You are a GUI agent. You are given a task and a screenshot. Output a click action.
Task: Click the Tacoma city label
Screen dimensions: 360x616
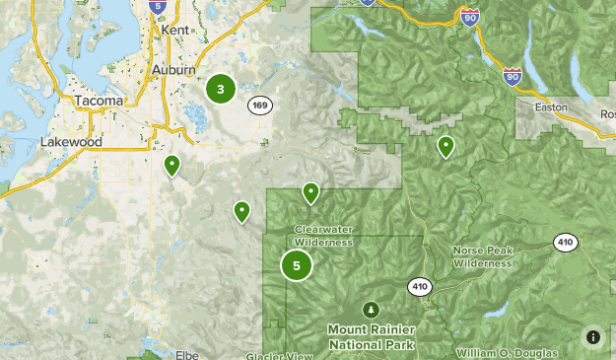click(99, 101)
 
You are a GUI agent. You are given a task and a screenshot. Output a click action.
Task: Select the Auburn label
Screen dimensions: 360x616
click(174, 70)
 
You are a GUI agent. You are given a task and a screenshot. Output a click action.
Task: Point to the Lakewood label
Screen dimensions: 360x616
click(71, 142)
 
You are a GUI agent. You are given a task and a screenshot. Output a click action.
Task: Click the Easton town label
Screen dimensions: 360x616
click(551, 106)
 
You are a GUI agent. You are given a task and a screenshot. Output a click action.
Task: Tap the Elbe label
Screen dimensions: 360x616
click(186, 354)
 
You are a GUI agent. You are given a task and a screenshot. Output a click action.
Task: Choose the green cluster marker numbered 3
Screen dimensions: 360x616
click(220, 89)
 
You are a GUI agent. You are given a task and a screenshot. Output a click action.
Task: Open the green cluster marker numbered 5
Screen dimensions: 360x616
click(296, 265)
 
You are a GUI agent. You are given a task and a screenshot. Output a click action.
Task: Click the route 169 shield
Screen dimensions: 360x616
click(259, 106)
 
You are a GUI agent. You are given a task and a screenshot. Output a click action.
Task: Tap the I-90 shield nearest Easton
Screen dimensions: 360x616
click(512, 75)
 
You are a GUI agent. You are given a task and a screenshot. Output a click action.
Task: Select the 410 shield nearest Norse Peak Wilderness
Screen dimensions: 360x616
click(565, 243)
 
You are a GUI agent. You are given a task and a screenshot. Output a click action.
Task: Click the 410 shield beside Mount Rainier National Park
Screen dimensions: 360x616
click(420, 285)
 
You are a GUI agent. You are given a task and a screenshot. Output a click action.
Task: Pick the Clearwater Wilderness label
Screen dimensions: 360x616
click(323, 235)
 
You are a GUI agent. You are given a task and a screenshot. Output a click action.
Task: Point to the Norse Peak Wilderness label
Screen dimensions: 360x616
click(482, 256)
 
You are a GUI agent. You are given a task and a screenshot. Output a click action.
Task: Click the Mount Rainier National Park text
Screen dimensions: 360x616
click(372, 336)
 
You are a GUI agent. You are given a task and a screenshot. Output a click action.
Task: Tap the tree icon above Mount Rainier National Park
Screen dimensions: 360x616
click(372, 309)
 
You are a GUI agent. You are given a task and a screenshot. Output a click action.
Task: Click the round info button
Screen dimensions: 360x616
click(592, 336)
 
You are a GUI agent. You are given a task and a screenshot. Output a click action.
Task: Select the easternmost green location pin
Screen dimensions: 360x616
click(445, 147)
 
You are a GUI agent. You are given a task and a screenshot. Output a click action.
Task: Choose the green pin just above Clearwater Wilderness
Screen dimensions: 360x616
click(310, 192)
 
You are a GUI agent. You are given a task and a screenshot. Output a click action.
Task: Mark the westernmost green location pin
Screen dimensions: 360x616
click(172, 165)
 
